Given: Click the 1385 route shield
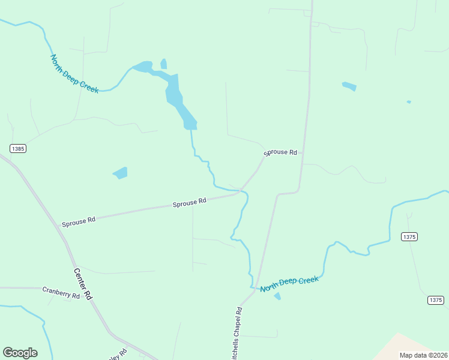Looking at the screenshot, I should (x=18, y=148).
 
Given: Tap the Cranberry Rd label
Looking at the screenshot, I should (x=61, y=293).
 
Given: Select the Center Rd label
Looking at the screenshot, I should (x=83, y=283).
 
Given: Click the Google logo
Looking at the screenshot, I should (x=20, y=353).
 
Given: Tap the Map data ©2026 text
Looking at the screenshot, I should (x=423, y=355).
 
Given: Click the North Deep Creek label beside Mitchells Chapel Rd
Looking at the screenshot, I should (x=289, y=284).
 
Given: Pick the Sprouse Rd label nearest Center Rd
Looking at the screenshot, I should (x=78, y=221).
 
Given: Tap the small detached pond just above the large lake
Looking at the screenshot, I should (x=163, y=64).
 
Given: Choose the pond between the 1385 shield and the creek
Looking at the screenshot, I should (x=120, y=173).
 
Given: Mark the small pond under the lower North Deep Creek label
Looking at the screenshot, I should (x=277, y=296).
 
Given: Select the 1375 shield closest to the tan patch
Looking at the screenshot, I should (x=435, y=300).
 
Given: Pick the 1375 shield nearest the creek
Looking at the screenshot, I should (x=409, y=237).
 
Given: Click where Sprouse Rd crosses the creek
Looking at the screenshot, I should (x=241, y=191).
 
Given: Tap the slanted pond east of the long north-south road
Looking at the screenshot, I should (x=349, y=86).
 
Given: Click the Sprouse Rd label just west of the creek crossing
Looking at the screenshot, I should (x=189, y=203).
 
